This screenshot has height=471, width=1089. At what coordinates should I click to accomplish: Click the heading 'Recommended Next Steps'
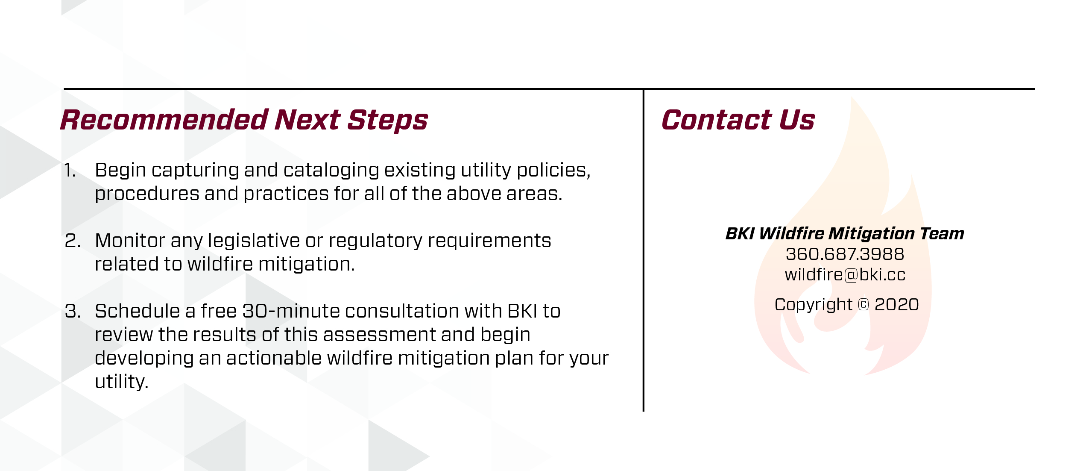[244, 120]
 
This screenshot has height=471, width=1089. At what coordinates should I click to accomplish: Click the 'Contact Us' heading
[738, 120]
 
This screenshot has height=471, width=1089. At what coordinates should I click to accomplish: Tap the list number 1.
[70, 171]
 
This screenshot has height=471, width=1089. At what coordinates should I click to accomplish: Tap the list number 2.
[73, 241]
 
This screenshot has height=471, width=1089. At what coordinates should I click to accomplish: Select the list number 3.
[73, 311]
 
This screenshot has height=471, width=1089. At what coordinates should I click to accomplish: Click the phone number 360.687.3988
[845, 254]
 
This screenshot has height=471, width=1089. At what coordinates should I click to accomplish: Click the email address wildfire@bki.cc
[845, 275]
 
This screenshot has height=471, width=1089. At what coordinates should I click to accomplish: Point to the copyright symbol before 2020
[863, 305]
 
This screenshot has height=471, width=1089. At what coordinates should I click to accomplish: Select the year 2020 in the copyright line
[896, 305]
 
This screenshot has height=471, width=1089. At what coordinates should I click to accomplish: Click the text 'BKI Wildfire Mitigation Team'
[845, 234]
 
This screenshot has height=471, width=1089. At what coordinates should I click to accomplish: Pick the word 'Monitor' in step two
[130, 241]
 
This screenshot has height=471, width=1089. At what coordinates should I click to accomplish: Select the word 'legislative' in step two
[254, 241]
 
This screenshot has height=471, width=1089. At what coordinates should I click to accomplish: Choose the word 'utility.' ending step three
[122, 382]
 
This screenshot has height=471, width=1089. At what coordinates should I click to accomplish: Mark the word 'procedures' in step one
[147, 194]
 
